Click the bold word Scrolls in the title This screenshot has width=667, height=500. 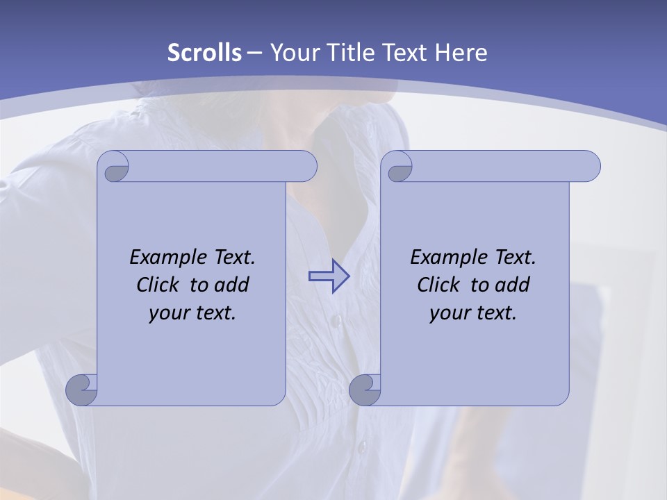(x=204, y=53)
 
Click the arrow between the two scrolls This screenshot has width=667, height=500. (x=329, y=276)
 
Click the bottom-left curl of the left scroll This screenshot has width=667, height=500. (x=81, y=389)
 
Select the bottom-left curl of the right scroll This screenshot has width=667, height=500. (x=365, y=389)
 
